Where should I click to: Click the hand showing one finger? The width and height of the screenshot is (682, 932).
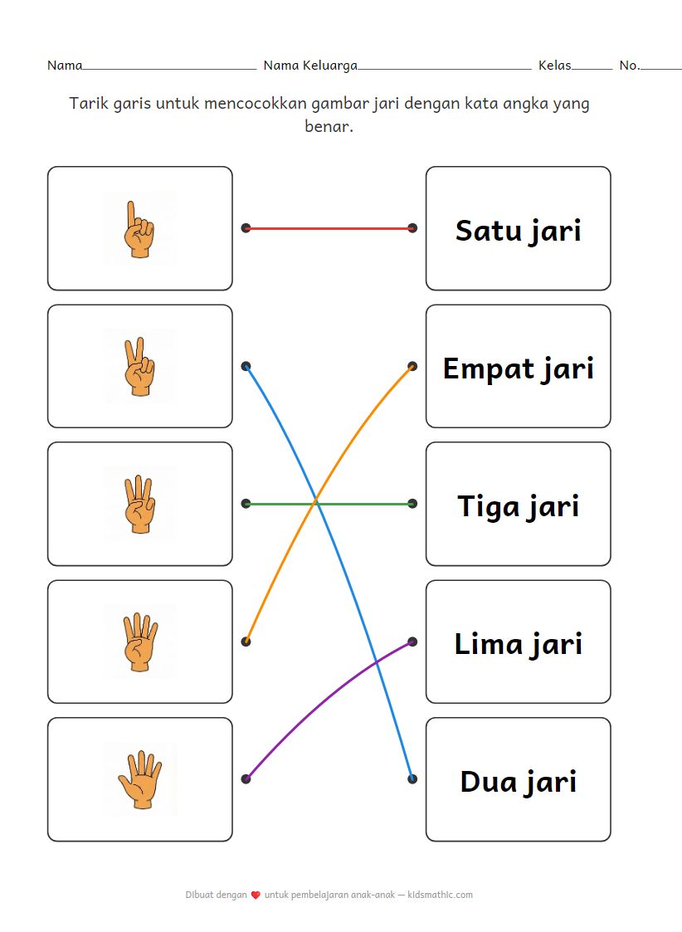pos(139,228)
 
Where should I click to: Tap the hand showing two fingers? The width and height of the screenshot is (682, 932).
pos(139,366)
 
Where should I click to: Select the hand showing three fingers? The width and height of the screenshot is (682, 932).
pos(139,504)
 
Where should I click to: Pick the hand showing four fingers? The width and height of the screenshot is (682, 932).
pos(139,642)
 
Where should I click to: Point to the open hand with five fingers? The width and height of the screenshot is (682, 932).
pos(139,779)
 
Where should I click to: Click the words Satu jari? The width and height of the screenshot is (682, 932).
pos(518,230)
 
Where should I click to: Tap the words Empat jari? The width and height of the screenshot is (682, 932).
pos(518,368)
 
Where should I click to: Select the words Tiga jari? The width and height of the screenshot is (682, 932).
pos(518,505)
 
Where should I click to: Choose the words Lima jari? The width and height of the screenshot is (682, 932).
pos(518,643)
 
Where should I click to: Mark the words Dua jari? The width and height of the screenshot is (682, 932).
pos(518,781)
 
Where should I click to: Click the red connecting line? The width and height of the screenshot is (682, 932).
pos(329,228)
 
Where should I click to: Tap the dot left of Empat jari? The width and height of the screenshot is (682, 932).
pos(412,366)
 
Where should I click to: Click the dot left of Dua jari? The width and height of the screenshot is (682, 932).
pos(412,779)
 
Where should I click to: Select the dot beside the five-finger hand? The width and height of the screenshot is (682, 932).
pos(246,779)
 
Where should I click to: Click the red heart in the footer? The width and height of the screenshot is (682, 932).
pos(256,895)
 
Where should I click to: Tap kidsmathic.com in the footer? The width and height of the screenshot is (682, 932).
pos(441,895)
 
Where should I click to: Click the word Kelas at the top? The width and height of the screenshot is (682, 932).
pos(554,65)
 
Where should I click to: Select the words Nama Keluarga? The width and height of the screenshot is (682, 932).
pos(310,65)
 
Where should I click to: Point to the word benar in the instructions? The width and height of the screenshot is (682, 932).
pos(329,128)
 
